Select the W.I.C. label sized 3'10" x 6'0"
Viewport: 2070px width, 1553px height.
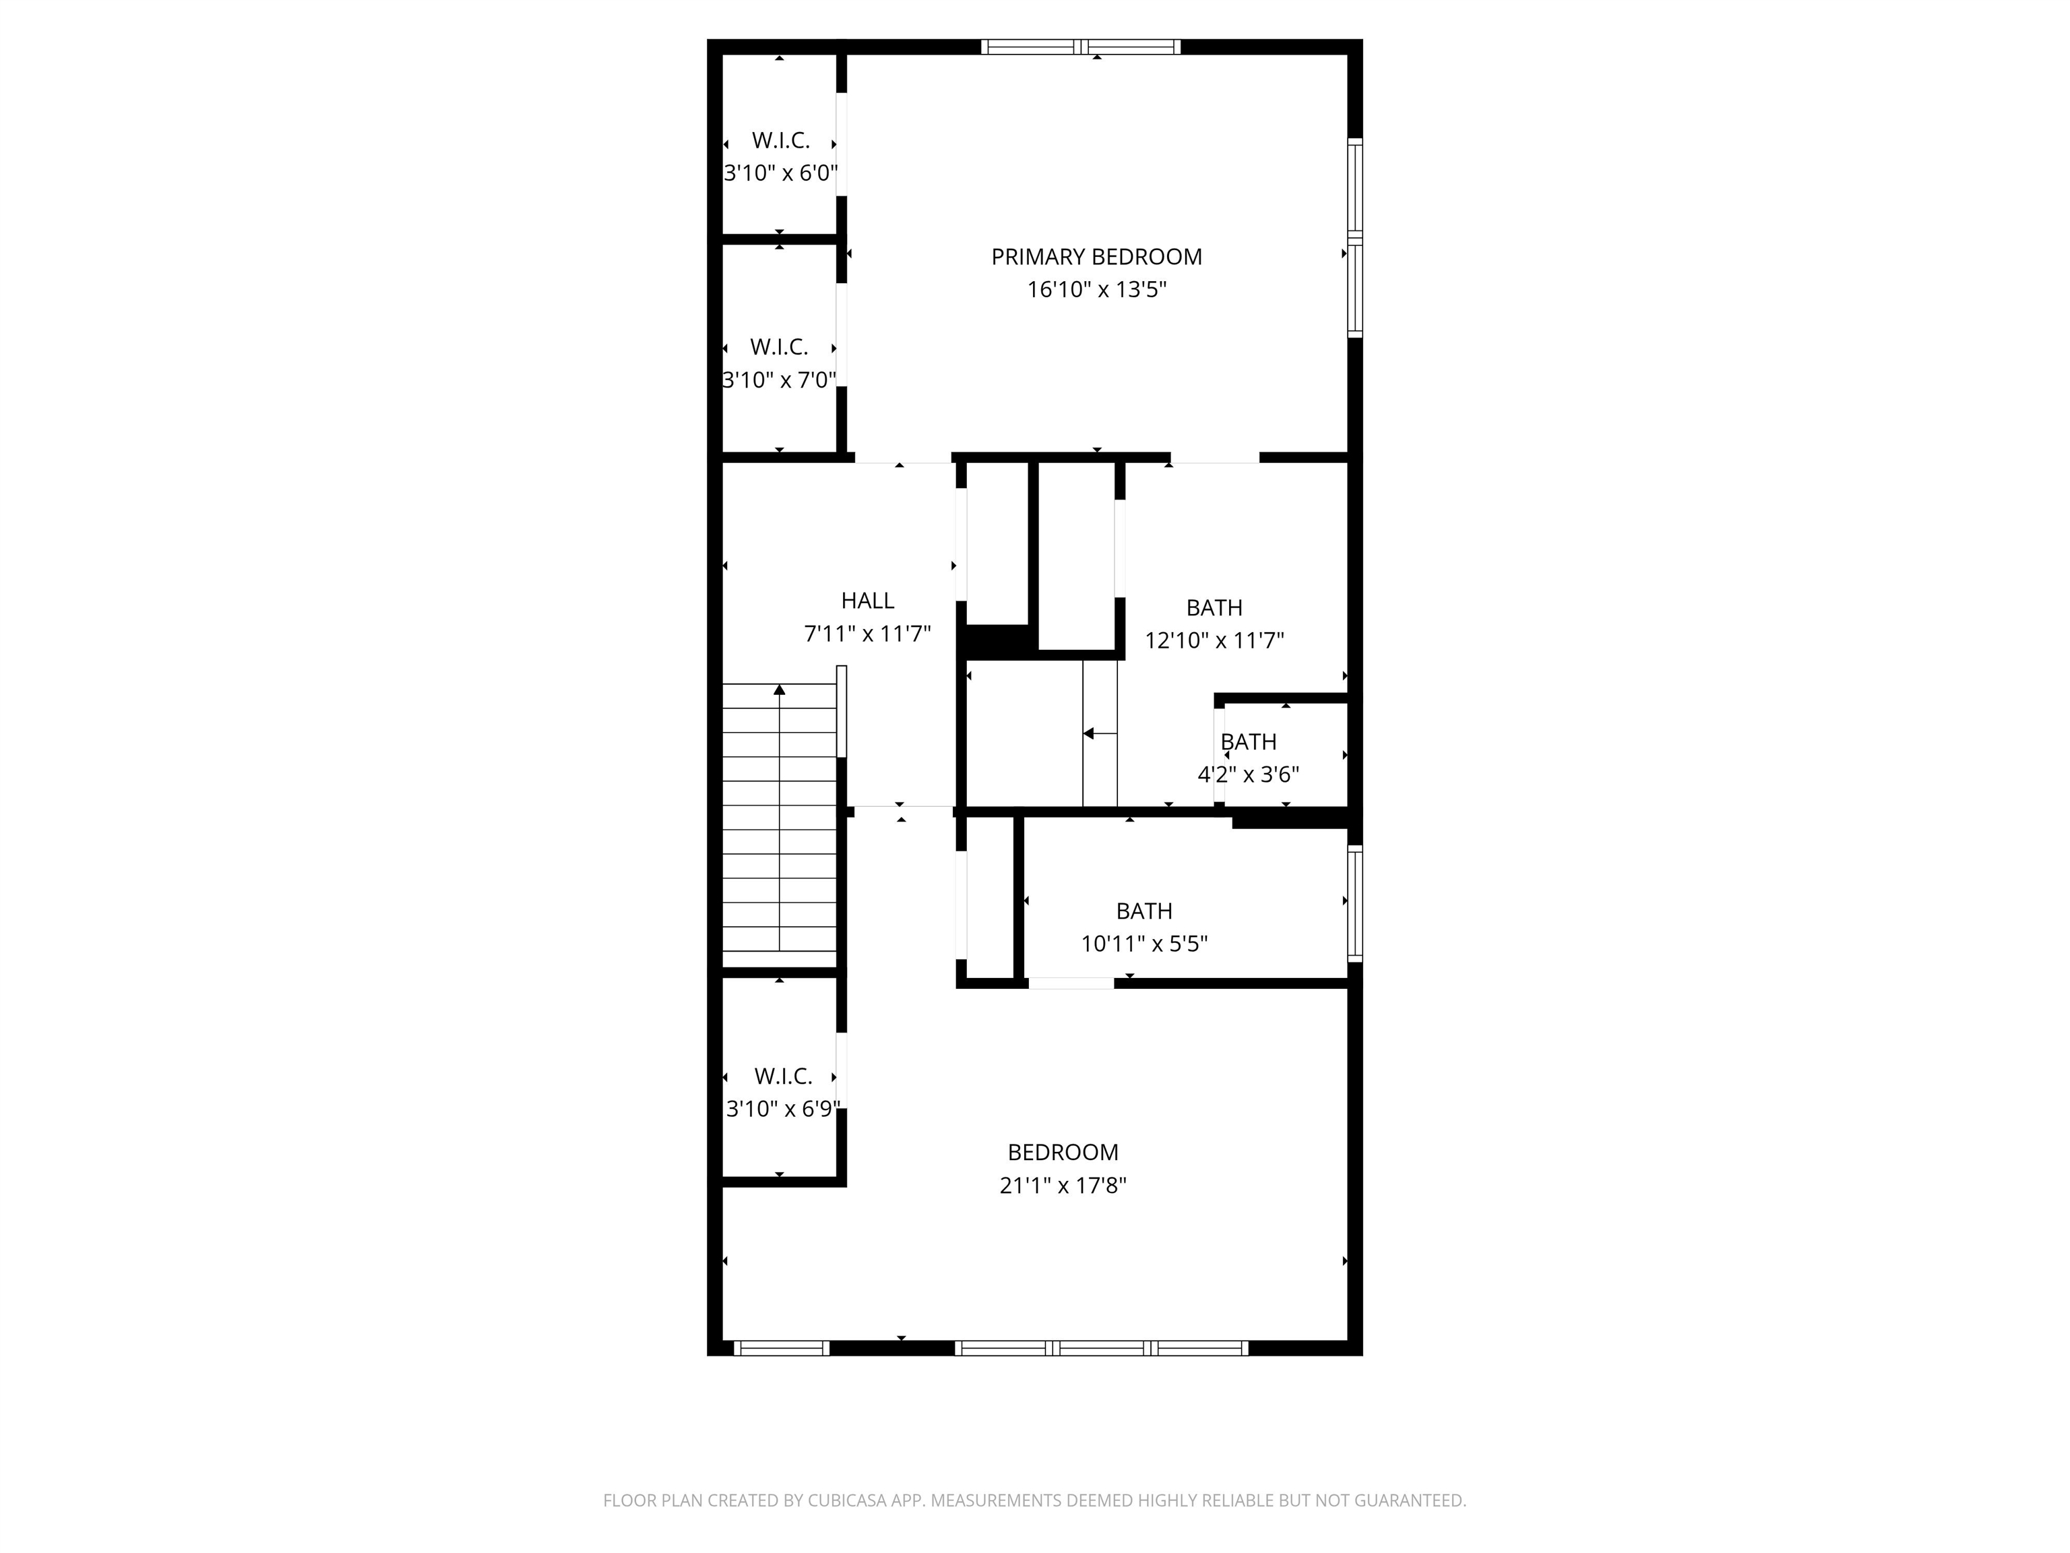pyautogui.click(x=780, y=140)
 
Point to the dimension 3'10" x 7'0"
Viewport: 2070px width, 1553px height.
pyautogui.click(x=778, y=380)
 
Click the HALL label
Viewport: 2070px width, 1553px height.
pyautogui.click(x=867, y=600)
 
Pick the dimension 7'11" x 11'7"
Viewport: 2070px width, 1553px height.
pyautogui.click(x=867, y=634)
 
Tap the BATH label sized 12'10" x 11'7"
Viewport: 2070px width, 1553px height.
pyautogui.click(x=1214, y=607)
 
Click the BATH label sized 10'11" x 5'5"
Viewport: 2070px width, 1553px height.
pyautogui.click(x=1143, y=911)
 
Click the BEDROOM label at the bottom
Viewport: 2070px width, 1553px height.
pyautogui.click(x=1062, y=1153)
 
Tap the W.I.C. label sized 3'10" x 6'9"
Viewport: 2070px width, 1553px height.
pyautogui.click(x=782, y=1076)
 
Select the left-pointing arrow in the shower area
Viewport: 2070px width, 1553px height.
pyautogui.click(x=1088, y=734)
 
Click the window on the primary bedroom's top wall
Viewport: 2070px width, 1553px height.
pyautogui.click(x=1081, y=47)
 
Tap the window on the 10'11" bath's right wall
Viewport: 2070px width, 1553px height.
pyautogui.click(x=1354, y=903)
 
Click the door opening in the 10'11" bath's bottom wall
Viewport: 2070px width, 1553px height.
pyautogui.click(x=1071, y=983)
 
